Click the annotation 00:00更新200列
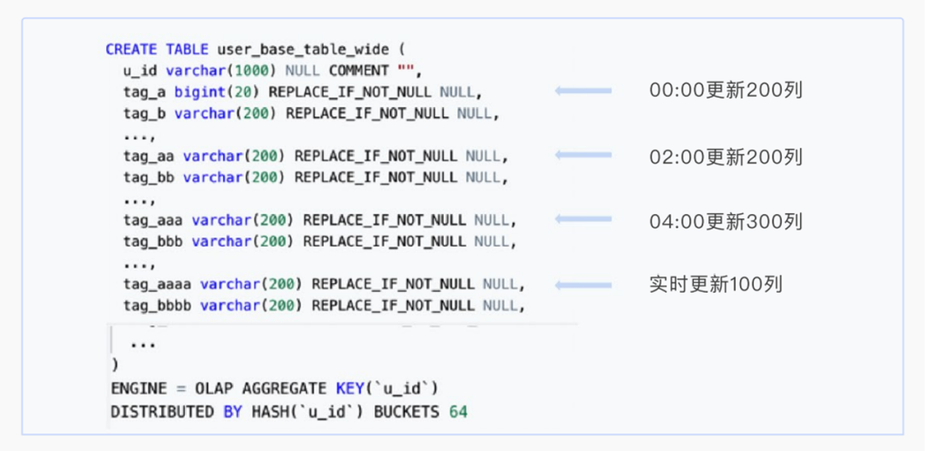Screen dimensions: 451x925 (x=725, y=91)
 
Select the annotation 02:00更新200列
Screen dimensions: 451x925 (x=725, y=157)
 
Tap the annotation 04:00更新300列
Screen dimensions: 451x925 (x=725, y=222)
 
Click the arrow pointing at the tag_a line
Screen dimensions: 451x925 (x=583, y=91)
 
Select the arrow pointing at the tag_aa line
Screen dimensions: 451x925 (x=583, y=155)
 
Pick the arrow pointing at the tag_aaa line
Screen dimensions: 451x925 (x=583, y=220)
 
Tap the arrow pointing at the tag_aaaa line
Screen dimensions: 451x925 (x=583, y=284)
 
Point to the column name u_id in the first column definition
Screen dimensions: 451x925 (x=140, y=70)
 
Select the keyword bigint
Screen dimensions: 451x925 (x=200, y=92)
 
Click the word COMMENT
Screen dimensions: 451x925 (x=359, y=70)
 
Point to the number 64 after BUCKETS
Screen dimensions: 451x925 (x=458, y=412)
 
